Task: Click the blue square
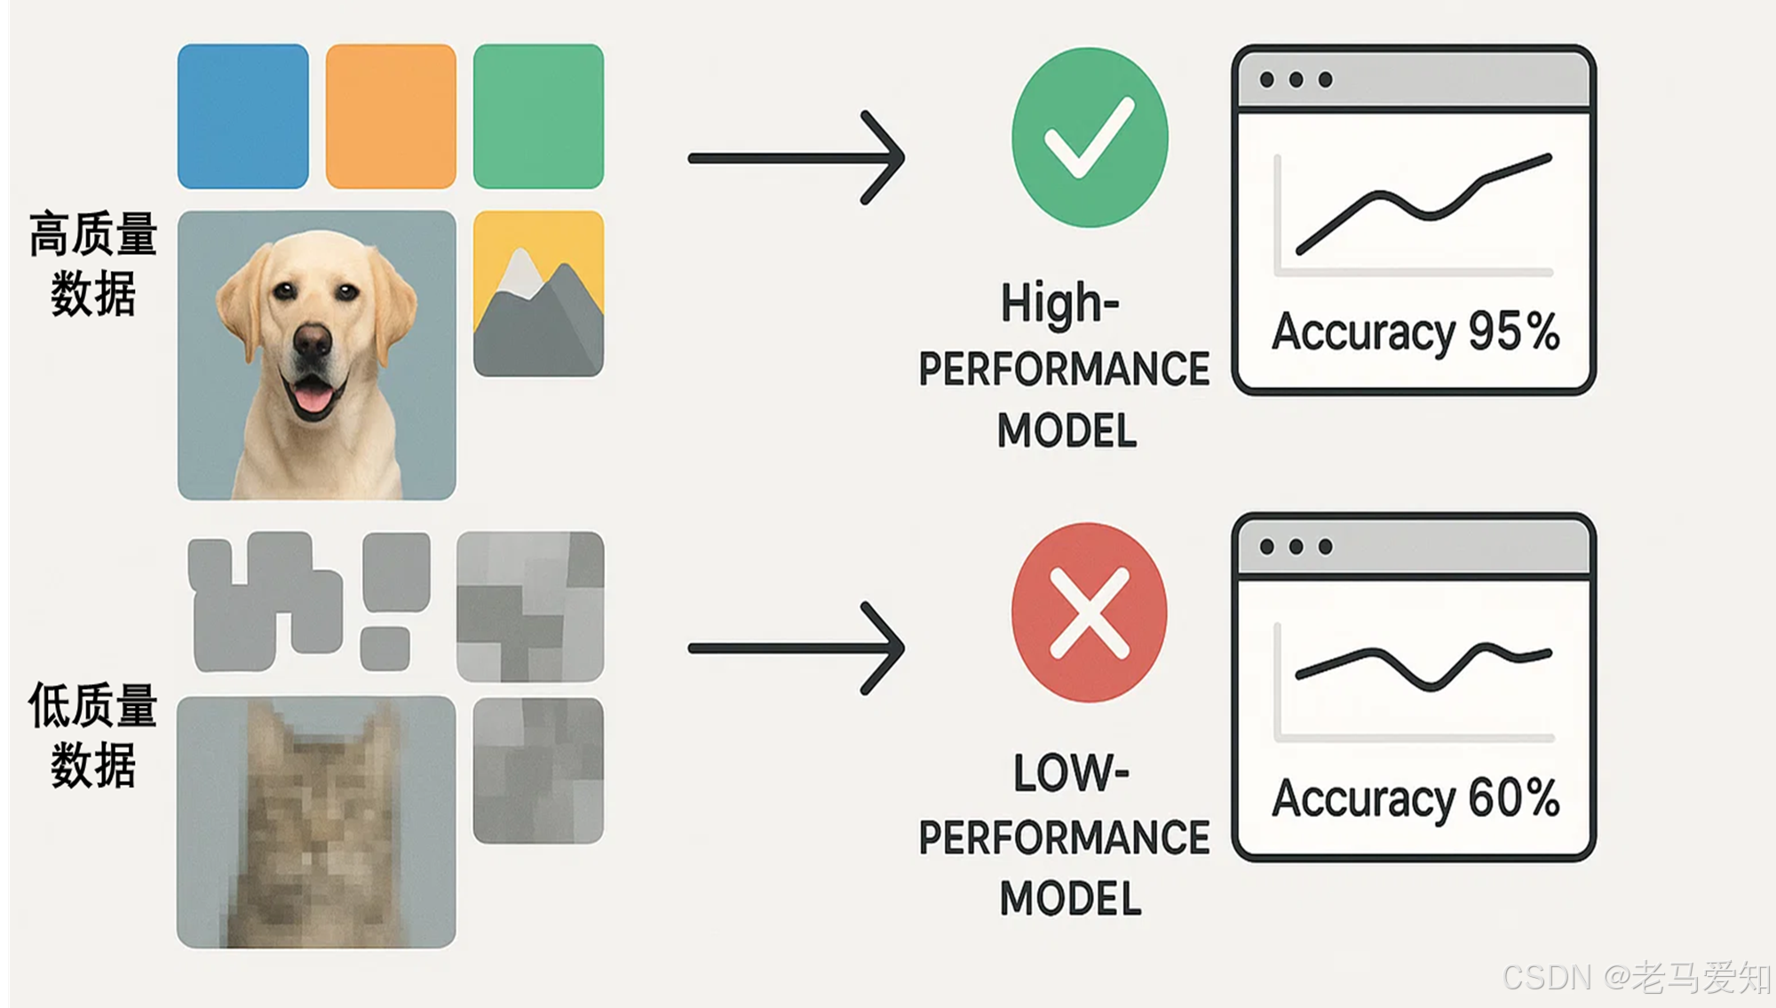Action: point(242,116)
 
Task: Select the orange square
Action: point(391,116)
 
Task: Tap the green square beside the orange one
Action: point(538,116)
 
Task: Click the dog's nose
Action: point(312,340)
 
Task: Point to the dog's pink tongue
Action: point(311,396)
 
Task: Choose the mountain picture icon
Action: point(538,293)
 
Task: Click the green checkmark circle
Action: point(1090,138)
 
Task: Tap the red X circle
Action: point(1090,613)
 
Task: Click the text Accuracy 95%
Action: point(1415,332)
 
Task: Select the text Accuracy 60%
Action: point(1415,798)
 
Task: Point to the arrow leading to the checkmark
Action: point(795,158)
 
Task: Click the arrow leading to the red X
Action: point(795,648)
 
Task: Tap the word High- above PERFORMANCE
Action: point(1059,304)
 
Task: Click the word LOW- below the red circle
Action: point(1070,773)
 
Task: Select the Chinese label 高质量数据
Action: point(93,264)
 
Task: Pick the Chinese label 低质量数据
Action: point(93,734)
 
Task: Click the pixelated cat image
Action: point(316,821)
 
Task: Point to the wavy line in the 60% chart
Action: point(1421,668)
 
